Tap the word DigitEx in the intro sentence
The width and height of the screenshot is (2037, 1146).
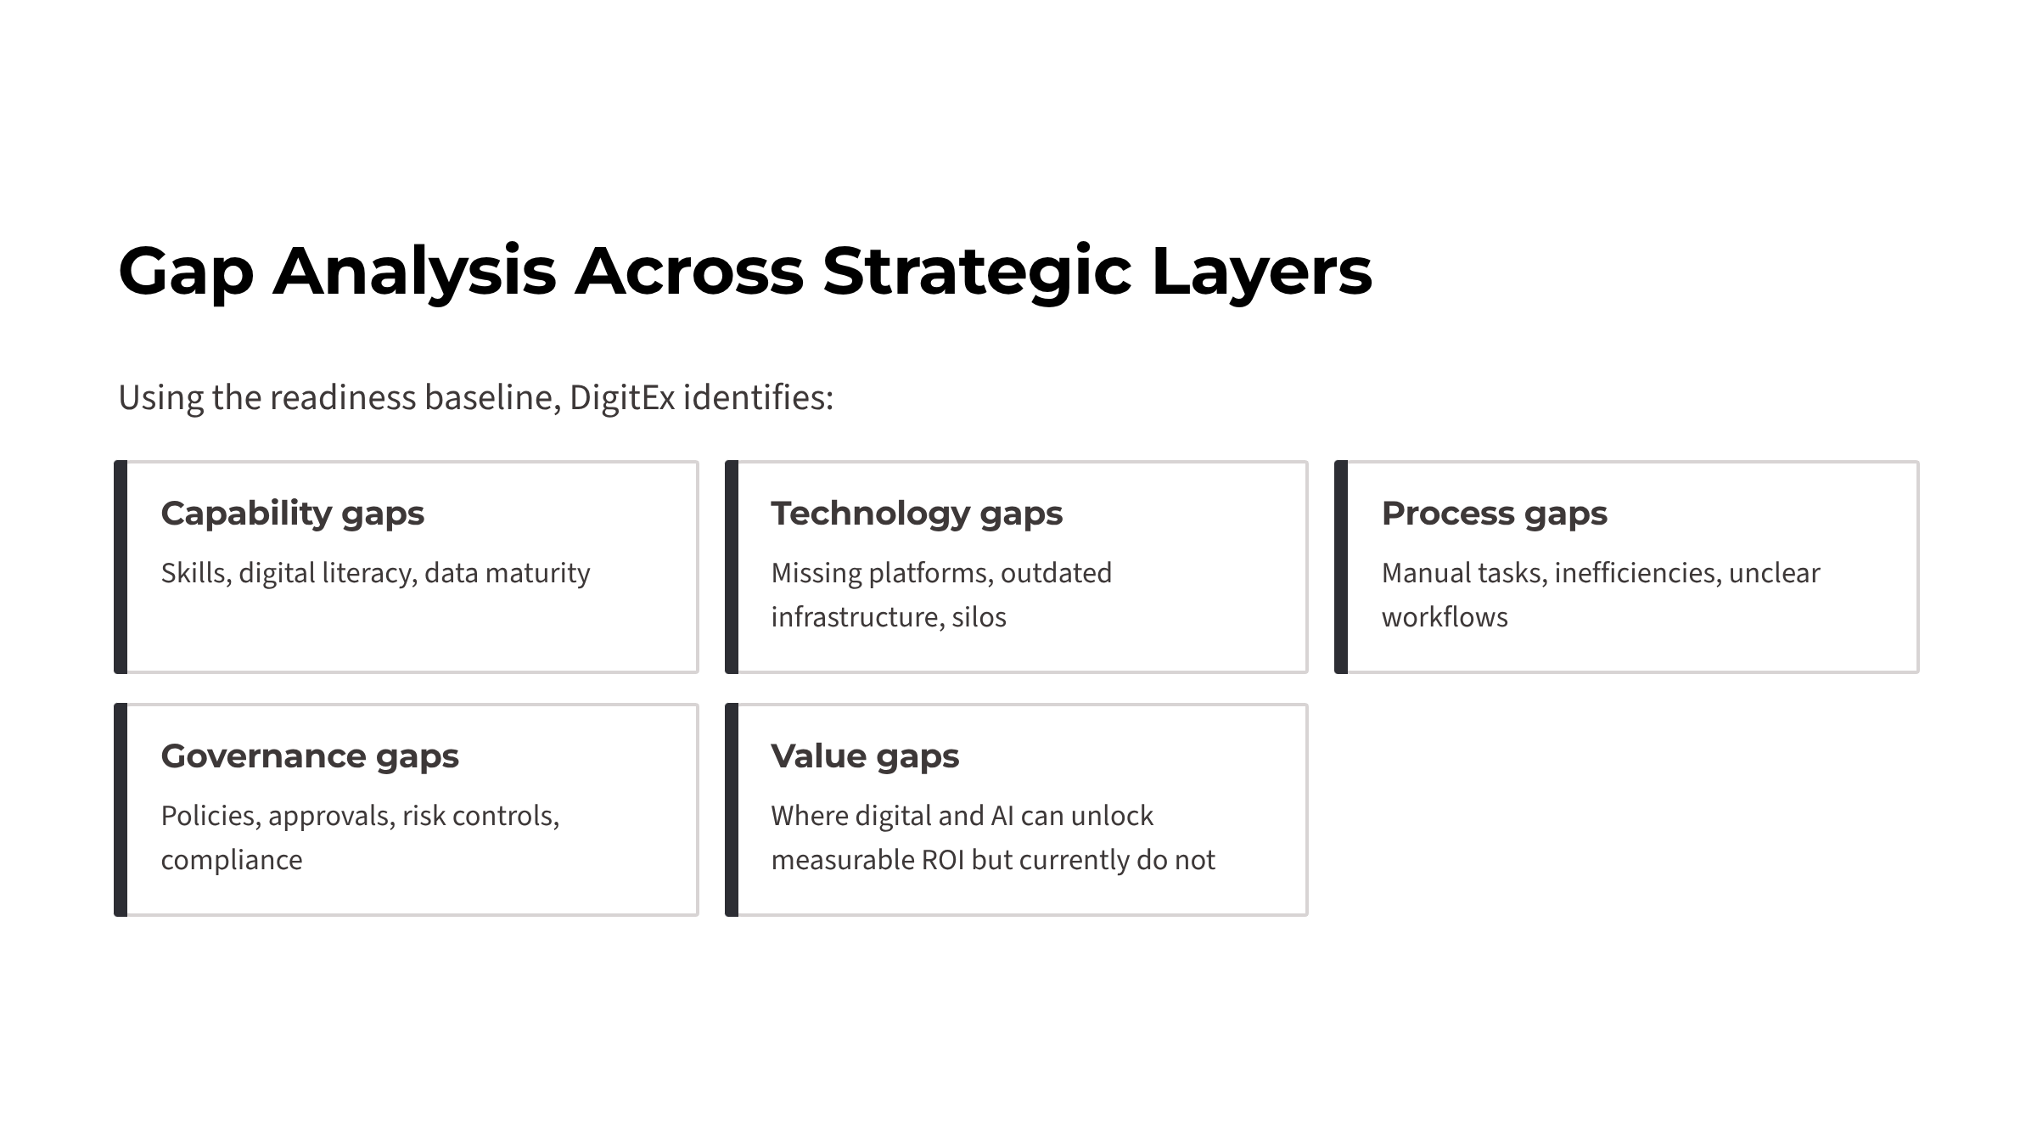622,397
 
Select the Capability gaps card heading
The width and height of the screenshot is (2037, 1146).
292,514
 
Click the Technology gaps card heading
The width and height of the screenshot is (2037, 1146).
916,514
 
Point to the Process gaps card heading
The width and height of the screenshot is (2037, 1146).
1494,514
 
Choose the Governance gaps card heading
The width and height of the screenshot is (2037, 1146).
309,757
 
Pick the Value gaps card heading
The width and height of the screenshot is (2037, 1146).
864,757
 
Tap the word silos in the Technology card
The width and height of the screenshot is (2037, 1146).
979,617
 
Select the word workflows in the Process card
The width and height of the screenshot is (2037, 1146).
1445,617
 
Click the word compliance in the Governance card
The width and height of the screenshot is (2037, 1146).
231,861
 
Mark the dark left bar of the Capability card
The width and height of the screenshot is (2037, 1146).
121,567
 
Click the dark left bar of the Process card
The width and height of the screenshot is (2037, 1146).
1341,567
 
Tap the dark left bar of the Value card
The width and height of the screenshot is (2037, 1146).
732,810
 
